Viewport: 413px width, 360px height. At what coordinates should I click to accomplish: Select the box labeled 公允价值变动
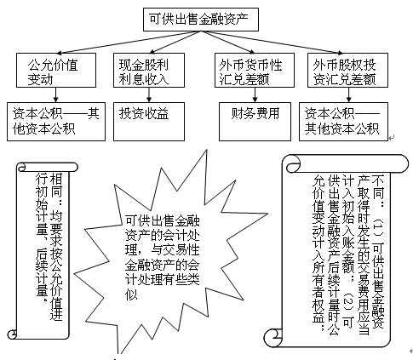click(53, 71)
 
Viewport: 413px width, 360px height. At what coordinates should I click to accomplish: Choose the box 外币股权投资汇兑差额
click(347, 71)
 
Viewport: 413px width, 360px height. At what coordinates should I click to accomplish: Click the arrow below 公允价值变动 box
click(53, 95)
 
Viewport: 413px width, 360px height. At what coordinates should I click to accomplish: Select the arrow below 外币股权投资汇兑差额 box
click(347, 95)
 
